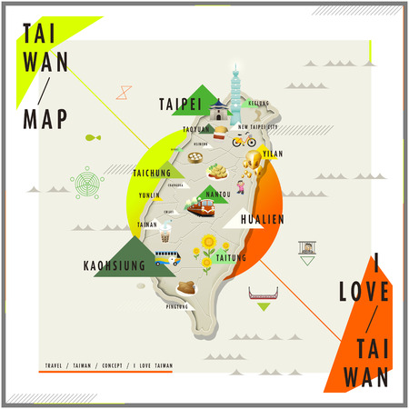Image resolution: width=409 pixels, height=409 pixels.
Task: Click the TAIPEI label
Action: tap(180, 103)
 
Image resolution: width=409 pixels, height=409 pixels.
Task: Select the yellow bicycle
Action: tap(244, 140)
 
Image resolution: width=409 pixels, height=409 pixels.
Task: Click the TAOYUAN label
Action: tap(195, 129)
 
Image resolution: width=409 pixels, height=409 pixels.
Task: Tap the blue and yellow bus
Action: tap(166, 258)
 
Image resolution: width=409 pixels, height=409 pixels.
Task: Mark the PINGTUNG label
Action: tap(178, 306)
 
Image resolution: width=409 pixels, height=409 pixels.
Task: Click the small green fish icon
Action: tap(92, 138)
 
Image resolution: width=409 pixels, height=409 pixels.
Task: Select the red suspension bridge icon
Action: tap(262, 294)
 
